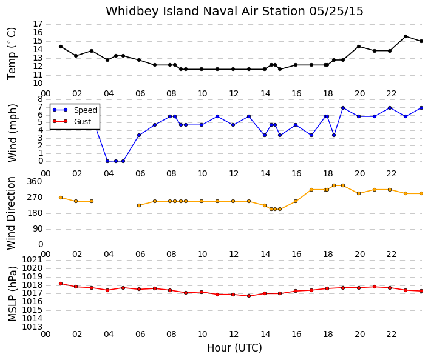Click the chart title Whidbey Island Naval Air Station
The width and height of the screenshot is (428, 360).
(x=206, y=12)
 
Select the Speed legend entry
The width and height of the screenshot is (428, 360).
(x=75, y=110)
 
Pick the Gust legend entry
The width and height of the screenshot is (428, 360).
(x=72, y=121)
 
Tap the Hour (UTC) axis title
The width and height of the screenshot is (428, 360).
(x=234, y=348)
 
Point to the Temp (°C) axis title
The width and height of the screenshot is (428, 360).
(x=12, y=54)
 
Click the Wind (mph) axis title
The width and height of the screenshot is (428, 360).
(x=13, y=133)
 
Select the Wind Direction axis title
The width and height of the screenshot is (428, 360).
(x=11, y=213)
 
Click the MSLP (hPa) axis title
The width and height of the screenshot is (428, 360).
(x=13, y=294)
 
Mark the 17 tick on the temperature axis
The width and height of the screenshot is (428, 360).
(x=38, y=24)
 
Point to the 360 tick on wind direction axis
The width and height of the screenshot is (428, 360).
(x=35, y=181)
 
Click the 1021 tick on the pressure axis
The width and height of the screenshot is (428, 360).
(x=33, y=260)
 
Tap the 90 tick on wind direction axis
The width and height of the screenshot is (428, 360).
(x=38, y=228)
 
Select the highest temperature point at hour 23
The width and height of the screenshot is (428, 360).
(x=406, y=36)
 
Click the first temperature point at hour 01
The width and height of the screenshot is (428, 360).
(x=61, y=47)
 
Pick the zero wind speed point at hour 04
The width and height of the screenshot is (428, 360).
(x=107, y=161)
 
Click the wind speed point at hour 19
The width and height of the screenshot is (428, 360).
(x=343, y=108)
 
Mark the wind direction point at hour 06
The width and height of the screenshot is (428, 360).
(x=139, y=205)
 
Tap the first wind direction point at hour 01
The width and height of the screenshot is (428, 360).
(x=61, y=198)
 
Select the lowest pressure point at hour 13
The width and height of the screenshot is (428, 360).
(x=249, y=296)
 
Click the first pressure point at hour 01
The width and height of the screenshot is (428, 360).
(x=61, y=284)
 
